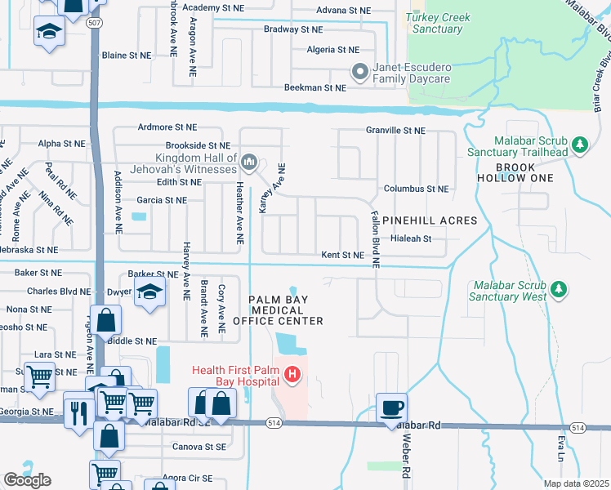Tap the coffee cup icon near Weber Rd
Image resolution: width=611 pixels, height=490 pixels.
coord(392,407)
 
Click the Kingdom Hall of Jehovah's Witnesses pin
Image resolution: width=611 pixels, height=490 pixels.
coord(249,159)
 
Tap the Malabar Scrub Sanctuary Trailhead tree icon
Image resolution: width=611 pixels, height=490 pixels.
coord(580,145)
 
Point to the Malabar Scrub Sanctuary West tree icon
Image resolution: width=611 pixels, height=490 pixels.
coord(559,290)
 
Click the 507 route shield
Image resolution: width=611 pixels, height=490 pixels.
coord(96,23)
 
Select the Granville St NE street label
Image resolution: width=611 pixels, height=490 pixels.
coord(395,130)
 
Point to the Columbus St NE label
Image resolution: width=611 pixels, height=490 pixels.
coord(416,189)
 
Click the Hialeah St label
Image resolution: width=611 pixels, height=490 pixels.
coord(410,238)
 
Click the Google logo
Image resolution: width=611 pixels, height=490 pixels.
coord(27,480)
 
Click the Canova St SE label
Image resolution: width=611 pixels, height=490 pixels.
coord(198,447)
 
